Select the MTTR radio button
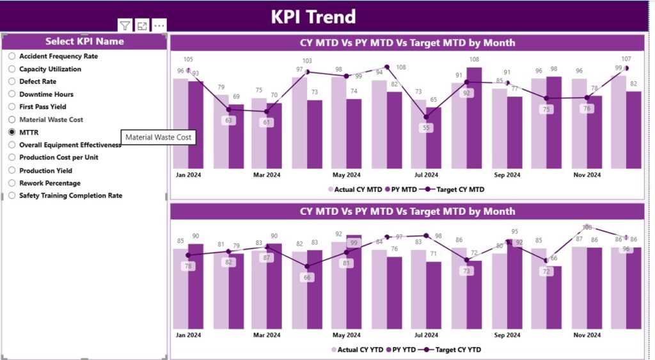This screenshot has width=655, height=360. (x=12, y=132)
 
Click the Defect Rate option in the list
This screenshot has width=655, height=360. (x=37, y=81)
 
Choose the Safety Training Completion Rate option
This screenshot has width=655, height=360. (x=70, y=196)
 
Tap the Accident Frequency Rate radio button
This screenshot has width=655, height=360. (x=12, y=56)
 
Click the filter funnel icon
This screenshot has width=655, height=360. (x=125, y=26)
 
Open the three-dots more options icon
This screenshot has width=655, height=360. (x=159, y=26)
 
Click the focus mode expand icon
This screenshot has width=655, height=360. (x=142, y=26)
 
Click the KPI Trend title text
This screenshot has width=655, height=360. (x=313, y=16)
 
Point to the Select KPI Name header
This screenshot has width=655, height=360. (x=84, y=41)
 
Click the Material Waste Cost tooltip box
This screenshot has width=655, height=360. (x=158, y=137)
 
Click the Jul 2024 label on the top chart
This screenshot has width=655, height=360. (x=427, y=175)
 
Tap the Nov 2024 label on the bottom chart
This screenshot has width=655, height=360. (x=587, y=334)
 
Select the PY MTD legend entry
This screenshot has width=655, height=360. (x=402, y=189)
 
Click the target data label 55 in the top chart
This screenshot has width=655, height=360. (x=427, y=128)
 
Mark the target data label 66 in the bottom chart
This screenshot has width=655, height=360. (x=307, y=278)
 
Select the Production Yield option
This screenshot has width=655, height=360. (x=45, y=171)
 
